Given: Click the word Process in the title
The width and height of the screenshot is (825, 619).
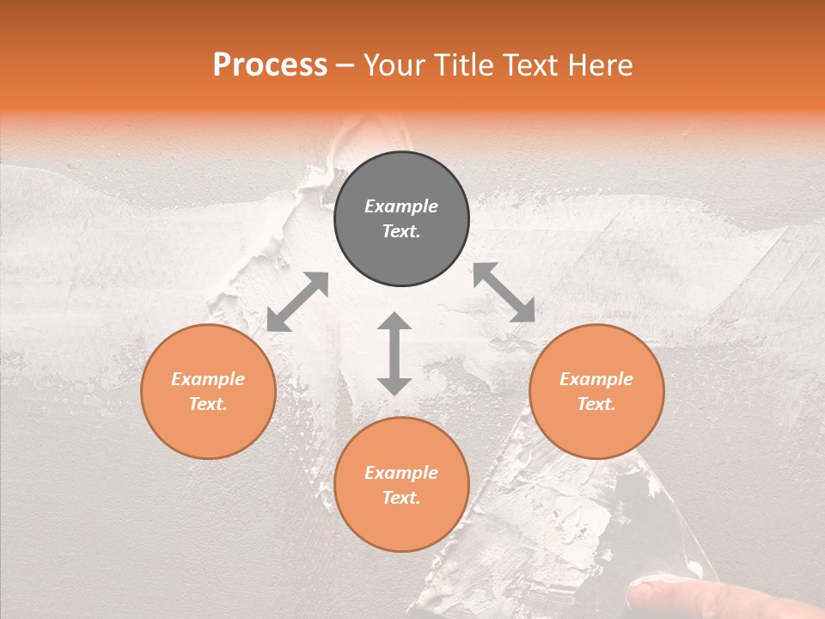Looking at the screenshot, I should (270, 65).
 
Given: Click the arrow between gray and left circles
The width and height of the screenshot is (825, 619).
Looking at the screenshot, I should (297, 302).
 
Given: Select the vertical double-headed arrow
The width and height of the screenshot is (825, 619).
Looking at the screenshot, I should (394, 353).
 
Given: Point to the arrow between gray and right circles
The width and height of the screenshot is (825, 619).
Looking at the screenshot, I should (504, 292).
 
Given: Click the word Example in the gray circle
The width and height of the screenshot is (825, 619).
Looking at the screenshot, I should (401, 206).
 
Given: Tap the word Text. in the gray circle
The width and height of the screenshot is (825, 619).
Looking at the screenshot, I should (401, 231).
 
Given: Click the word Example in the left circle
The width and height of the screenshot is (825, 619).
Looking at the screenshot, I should (208, 379).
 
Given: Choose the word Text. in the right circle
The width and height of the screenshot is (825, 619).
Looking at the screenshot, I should (596, 404).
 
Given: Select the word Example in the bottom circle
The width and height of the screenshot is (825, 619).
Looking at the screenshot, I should (401, 473).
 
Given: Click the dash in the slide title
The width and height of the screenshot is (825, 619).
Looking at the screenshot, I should (345, 66).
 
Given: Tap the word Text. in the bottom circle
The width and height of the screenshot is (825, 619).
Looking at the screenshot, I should (401, 498).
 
